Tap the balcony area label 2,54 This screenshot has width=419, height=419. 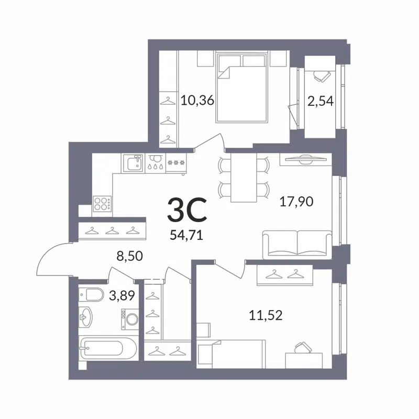coord(321,101)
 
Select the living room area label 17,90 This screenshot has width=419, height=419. coord(296,201)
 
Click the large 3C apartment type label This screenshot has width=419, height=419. coord(186,211)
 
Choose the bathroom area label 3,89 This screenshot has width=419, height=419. coord(122,296)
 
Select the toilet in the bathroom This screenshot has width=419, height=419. coord(91,295)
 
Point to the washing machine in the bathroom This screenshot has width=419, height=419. coord(130,318)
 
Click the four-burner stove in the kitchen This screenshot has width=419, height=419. coord(102,203)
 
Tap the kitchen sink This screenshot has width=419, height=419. coord(133,163)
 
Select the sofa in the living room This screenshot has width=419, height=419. coord(297,244)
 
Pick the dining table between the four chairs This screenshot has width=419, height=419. coord(244,176)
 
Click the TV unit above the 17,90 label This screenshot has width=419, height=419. coord(305,159)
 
